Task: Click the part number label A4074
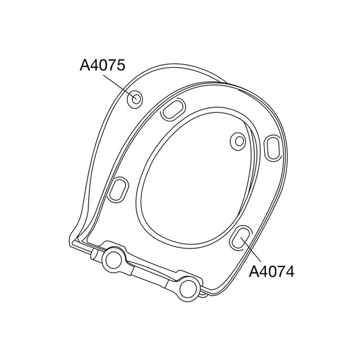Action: coord(270,272)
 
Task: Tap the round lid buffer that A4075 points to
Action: coord(135,98)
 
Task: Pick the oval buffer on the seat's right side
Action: coord(273,147)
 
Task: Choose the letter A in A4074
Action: coord(253,272)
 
